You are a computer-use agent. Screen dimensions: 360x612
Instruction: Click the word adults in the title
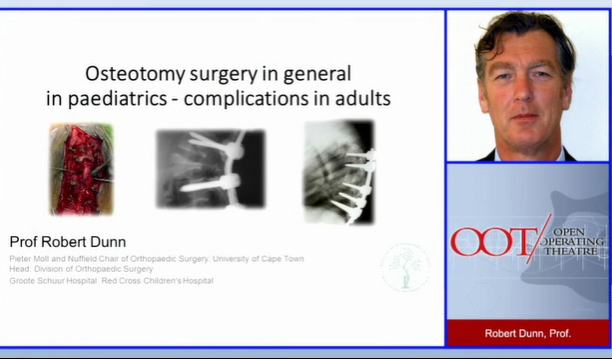tap(362, 99)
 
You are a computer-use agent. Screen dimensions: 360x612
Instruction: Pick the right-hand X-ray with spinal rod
tap(338, 170)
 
